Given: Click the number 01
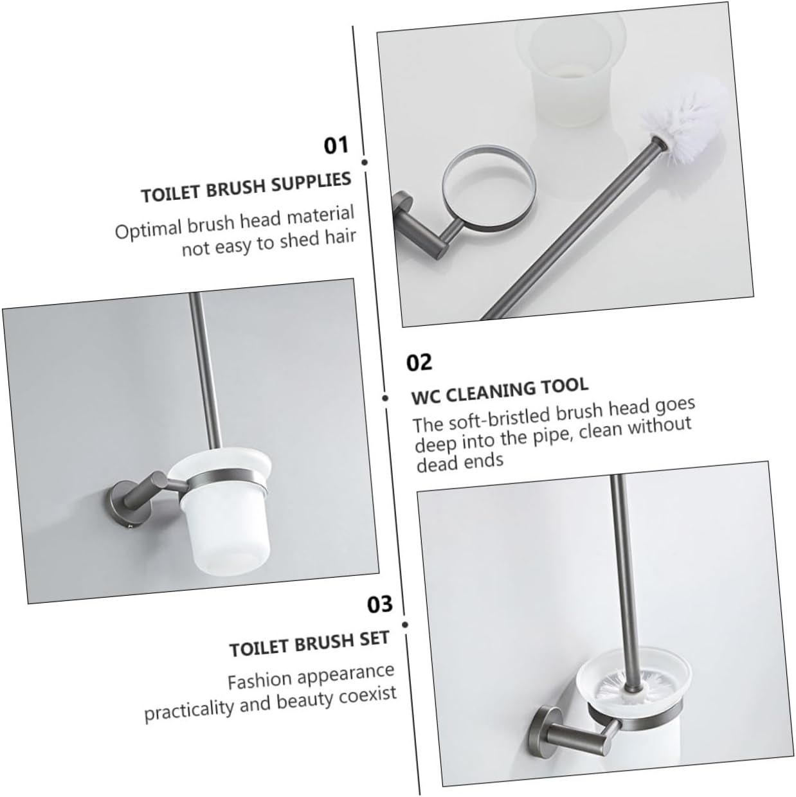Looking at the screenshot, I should pos(336,145).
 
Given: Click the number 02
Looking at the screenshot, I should pos(419,363).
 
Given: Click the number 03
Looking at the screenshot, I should pos(379,604).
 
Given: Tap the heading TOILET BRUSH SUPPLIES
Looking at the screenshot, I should pos(246,186).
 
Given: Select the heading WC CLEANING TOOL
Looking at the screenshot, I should pos(500,390).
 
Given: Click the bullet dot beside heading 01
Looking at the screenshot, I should pos(365,163).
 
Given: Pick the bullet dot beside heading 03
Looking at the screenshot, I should pos(405,623).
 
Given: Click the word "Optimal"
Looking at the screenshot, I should pos(148,229).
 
